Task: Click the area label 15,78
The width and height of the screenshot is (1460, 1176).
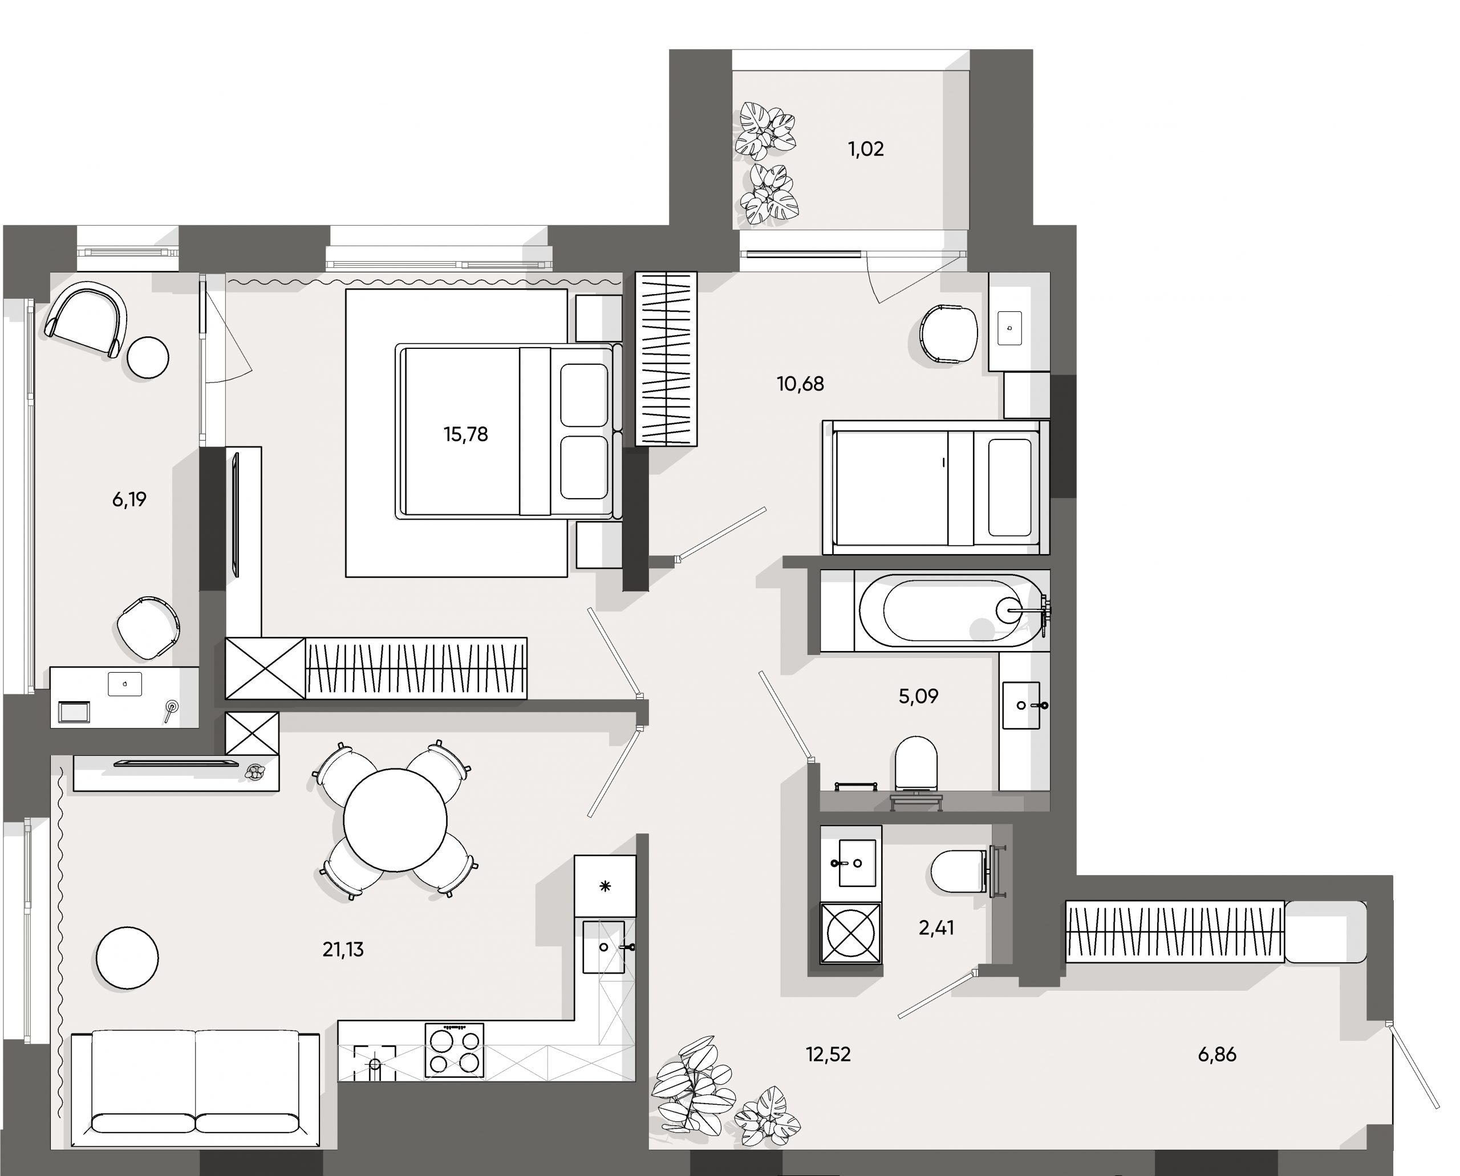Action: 465,434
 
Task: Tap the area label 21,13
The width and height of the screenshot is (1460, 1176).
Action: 343,950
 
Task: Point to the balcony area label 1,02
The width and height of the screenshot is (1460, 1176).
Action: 866,149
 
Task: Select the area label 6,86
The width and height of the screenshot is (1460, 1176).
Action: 1216,1054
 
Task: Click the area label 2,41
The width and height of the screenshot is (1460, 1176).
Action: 936,928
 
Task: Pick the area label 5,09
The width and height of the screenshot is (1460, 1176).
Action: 918,697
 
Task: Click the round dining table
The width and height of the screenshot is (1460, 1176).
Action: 395,820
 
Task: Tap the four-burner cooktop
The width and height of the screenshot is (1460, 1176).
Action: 454,1049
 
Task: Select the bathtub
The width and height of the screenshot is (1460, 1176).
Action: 949,611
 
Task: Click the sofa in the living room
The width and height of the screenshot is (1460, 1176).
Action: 195,1084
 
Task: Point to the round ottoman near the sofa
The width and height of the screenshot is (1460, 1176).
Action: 127,958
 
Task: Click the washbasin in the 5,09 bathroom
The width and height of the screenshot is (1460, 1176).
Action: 1021,705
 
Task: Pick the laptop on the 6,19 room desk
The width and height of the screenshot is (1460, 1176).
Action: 125,683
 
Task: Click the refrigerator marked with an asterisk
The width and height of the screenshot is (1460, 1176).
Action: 605,886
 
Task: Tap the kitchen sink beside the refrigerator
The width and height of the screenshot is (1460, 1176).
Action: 604,947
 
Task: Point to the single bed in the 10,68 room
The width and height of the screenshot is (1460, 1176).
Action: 935,488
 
